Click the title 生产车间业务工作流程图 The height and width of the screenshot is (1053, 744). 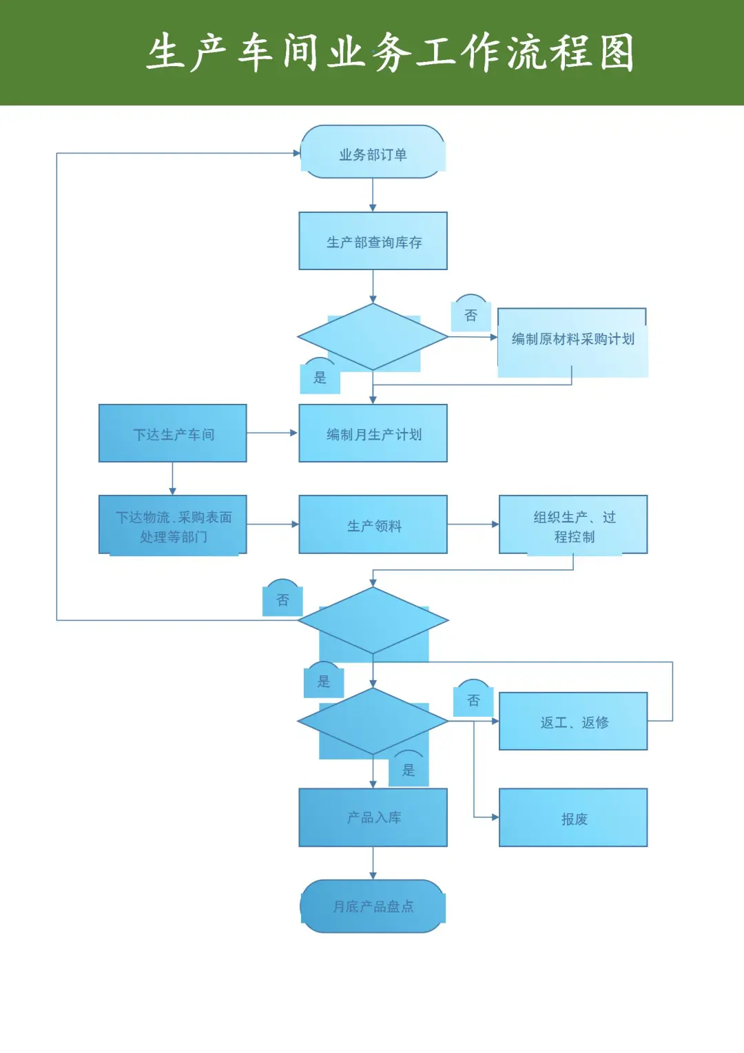coord(390,53)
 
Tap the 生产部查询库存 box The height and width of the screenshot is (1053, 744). coord(373,241)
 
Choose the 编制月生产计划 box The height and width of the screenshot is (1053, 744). coord(373,433)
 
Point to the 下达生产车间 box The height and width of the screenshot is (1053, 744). coord(173,433)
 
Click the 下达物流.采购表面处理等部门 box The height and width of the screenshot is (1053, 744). coord(173,525)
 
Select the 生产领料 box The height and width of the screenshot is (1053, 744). coord(373,525)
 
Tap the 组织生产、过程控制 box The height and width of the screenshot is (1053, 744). coord(573,525)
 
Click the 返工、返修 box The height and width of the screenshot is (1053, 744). coord(573,722)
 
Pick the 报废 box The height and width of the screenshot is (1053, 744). coord(573,818)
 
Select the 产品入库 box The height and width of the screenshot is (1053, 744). coord(373,818)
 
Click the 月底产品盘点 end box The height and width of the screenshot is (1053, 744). coord(373,906)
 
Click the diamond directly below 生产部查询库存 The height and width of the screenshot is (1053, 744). coord(373,338)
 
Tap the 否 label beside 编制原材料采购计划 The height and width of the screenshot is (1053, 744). coord(471,315)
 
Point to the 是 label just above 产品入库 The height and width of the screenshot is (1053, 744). coord(409,770)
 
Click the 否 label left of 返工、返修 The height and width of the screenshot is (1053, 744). coord(473,700)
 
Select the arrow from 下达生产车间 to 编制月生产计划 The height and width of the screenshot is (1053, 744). coord(272,433)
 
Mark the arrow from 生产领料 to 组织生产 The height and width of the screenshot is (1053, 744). coord(473,524)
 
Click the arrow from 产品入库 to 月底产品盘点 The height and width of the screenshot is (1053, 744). coord(373,863)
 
